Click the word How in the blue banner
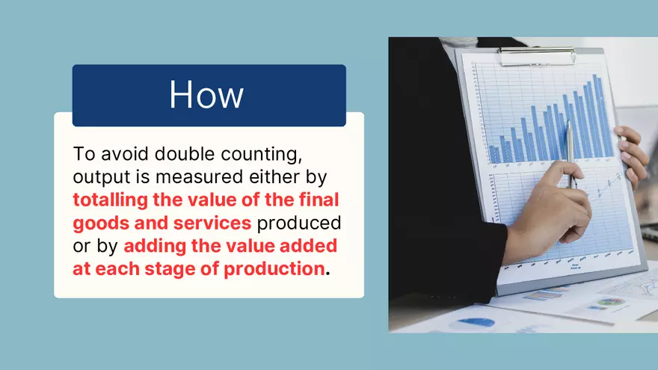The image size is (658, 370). tap(206, 95)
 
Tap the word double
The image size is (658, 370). tap(173, 155)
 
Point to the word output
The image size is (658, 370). tap(98, 178)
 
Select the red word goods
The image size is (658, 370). tap(98, 223)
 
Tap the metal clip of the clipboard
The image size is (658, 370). tap(538, 55)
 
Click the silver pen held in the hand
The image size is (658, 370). tap(570, 153)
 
